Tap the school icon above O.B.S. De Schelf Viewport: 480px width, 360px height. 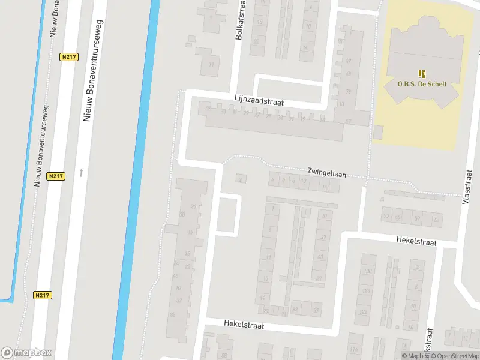(422, 73)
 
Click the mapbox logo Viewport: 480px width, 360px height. (26, 353)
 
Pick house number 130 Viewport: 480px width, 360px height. (367, 271)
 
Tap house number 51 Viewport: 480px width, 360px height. (325, 216)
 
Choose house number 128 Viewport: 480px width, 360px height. (365, 291)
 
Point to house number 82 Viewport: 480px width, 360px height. (173, 314)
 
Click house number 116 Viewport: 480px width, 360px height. (354, 350)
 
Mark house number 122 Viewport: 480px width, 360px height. (364, 312)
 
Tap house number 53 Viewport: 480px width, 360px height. (437, 220)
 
